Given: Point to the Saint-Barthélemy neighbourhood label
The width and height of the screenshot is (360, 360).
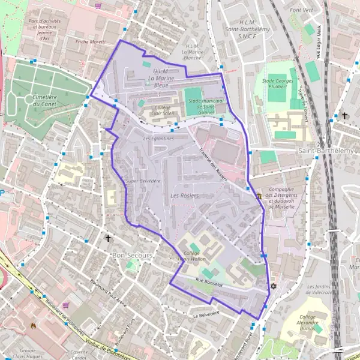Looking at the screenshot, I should (x=329, y=151).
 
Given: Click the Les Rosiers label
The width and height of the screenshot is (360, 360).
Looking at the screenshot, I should (x=185, y=196).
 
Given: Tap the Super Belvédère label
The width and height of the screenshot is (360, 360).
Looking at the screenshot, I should (x=143, y=181).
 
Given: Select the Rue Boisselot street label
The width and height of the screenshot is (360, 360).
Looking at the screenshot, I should (x=209, y=284).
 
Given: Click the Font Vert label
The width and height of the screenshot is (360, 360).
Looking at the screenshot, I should (x=301, y=10).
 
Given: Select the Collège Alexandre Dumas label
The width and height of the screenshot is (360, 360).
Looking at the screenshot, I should (x=315, y=320).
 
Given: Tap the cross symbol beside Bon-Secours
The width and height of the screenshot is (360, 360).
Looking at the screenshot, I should (x=108, y=238).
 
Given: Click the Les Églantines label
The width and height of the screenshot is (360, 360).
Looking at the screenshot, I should (x=158, y=139).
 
